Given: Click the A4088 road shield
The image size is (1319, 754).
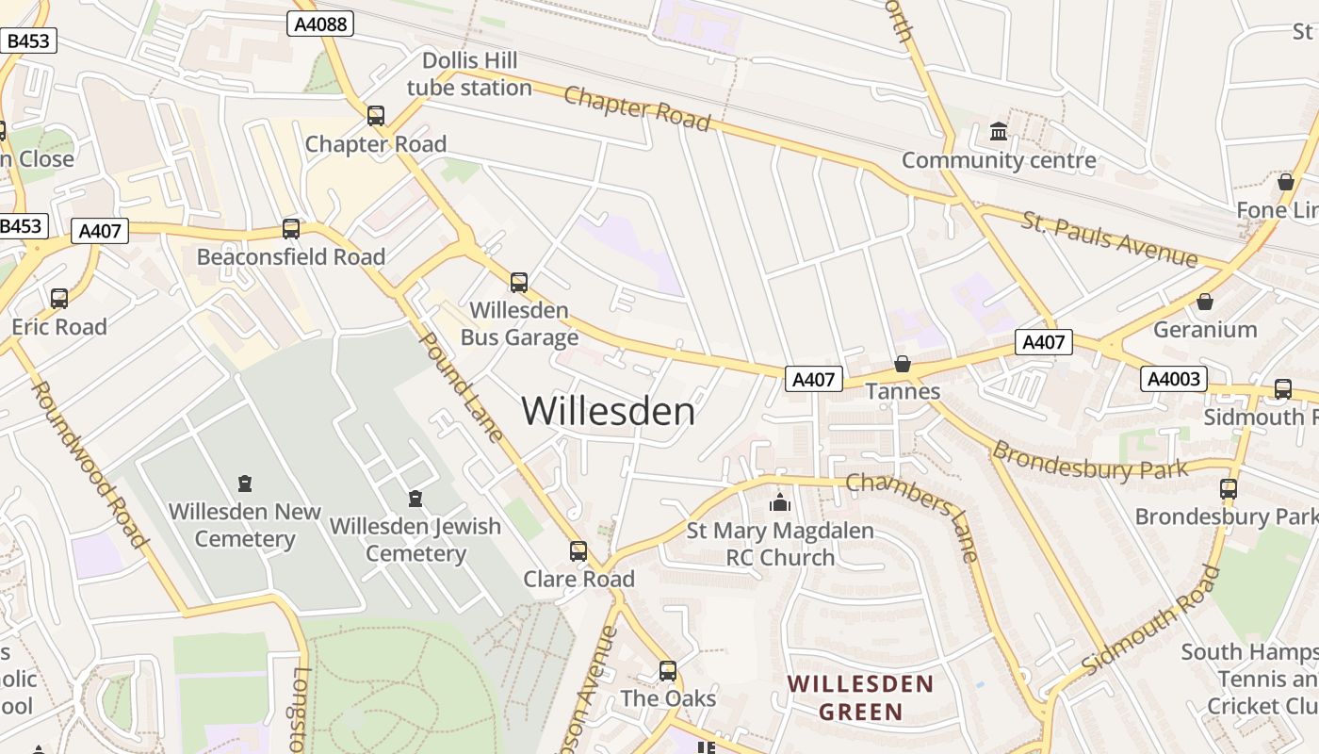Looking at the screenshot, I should click(x=320, y=24).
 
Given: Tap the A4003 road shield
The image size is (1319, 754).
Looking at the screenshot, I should click(x=1173, y=379).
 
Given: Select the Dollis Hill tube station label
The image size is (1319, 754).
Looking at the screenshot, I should click(x=469, y=74).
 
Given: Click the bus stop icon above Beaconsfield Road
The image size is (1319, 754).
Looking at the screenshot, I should click(x=291, y=229).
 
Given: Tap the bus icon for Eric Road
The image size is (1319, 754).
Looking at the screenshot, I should click(x=59, y=299).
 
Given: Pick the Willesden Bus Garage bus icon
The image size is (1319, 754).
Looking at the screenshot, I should click(x=519, y=282).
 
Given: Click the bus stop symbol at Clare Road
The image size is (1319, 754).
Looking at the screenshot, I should click(x=578, y=550).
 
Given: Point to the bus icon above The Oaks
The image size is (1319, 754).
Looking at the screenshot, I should click(x=668, y=671).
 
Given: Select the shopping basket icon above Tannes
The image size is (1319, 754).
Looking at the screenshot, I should click(x=903, y=364).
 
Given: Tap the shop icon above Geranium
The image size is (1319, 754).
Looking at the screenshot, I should click(x=1204, y=302).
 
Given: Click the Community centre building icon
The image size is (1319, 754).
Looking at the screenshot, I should click(x=999, y=132).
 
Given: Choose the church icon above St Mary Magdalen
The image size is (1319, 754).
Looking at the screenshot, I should click(x=779, y=502).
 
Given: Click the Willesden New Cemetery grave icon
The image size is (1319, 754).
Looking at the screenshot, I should click(x=245, y=484).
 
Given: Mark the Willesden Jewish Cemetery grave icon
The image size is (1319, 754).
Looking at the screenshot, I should click(x=415, y=498).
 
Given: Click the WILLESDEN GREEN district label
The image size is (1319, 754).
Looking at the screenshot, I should click(x=860, y=697).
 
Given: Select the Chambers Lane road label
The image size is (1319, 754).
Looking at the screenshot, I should click(x=913, y=516).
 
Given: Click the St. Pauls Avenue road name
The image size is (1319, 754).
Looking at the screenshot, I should click(x=1110, y=241).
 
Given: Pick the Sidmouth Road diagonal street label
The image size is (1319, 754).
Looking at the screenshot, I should click(x=1151, y=619).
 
